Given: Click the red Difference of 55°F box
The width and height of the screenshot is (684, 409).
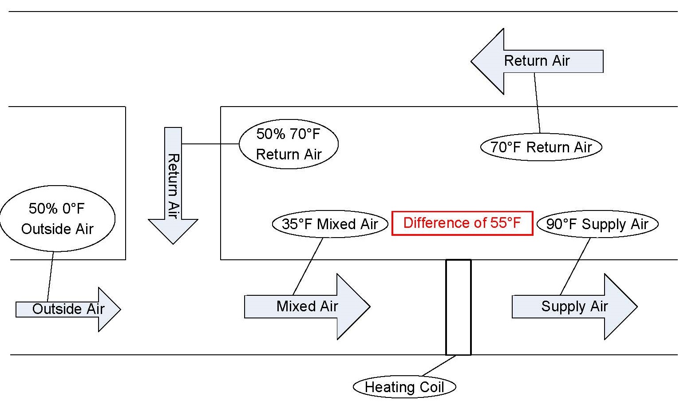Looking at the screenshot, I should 462,223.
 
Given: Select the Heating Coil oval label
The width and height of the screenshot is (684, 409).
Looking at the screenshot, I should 404,387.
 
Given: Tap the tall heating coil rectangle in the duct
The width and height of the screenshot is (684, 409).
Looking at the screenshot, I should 458,307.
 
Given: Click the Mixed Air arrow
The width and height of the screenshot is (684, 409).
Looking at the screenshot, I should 307,306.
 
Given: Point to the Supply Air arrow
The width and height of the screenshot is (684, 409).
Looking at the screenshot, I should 574,306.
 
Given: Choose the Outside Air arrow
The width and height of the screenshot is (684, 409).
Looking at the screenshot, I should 68,309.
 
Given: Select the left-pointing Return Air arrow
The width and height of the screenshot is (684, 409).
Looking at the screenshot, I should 537,61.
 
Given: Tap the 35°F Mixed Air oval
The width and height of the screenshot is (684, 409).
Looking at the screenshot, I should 330,224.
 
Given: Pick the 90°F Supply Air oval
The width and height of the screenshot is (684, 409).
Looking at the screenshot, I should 597,224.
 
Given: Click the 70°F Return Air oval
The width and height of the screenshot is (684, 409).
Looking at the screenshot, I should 541,147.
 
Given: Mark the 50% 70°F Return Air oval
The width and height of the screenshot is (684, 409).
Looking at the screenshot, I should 289,144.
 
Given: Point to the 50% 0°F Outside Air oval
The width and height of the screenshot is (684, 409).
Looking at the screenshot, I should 57,218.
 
